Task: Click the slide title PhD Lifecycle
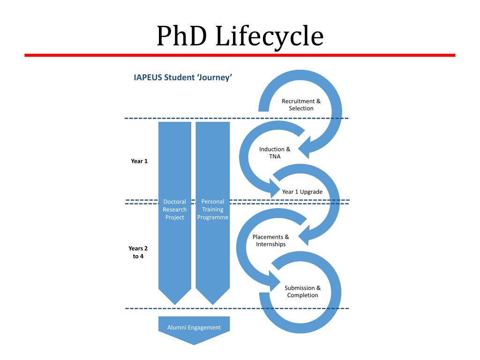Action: coord(240,36)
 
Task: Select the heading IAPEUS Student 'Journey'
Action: coord(183,77)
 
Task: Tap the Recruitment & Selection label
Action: coord(301,105)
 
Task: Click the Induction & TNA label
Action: coord(275,153)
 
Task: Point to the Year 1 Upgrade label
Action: coord(302,192)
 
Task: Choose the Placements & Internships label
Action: coord(270,240)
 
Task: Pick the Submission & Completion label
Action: coord(302,292)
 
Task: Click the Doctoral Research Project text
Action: coord(174,210)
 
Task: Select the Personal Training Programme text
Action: coord(212,210)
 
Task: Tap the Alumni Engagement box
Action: coord(194,328)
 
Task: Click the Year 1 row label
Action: coord(139,161)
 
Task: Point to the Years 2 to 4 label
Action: coord(138,252)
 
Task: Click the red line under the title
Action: coord(240,55)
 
